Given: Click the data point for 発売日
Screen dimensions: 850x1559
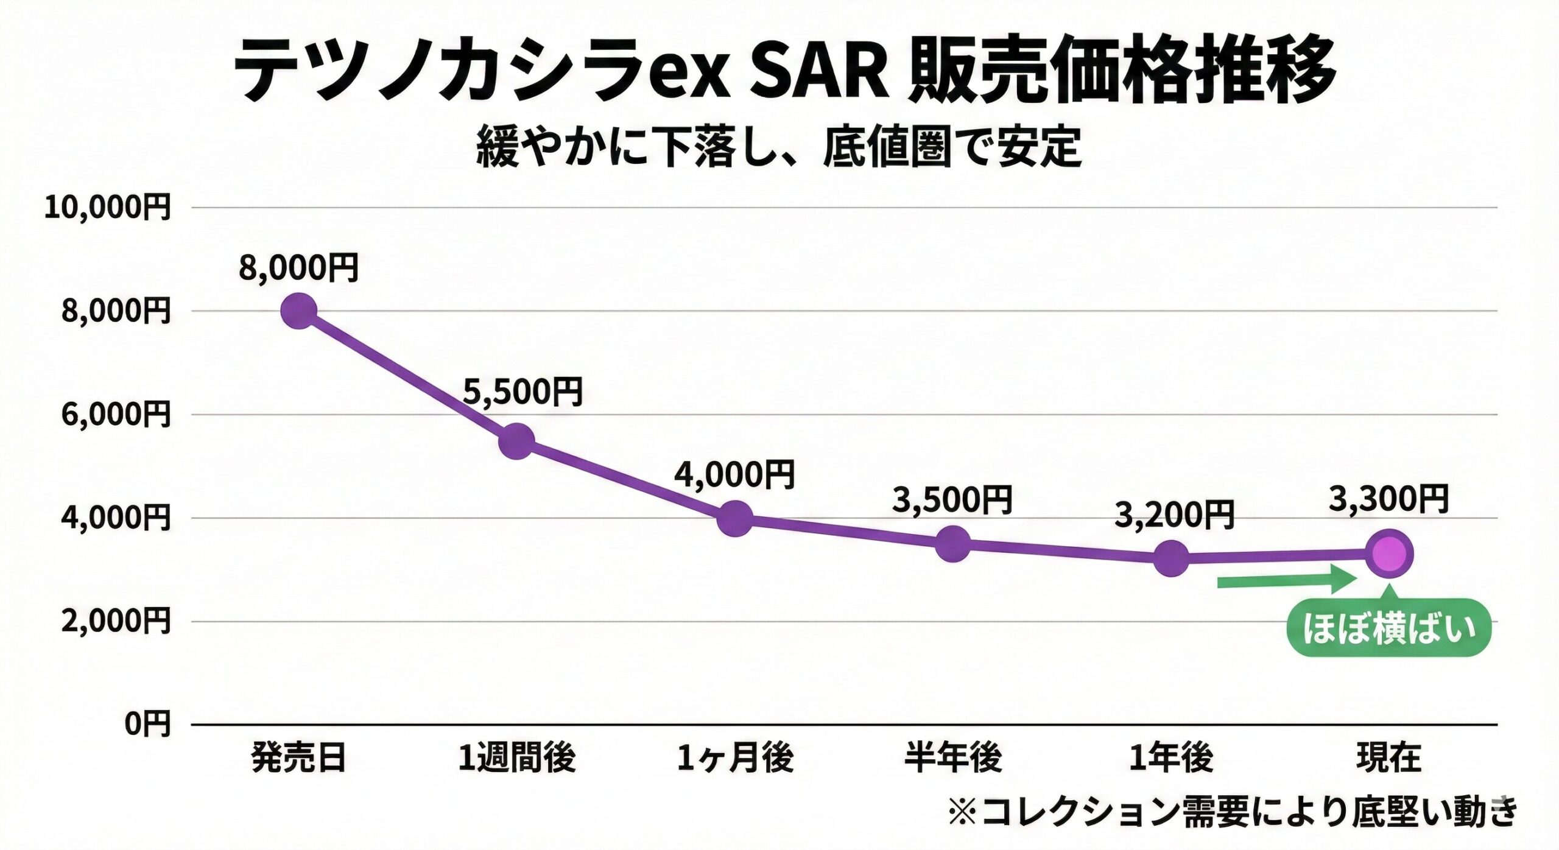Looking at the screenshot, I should [299, 311].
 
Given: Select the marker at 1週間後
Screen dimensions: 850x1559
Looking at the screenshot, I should [516, 441].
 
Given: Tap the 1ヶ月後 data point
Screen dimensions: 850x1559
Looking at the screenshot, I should [735, 518].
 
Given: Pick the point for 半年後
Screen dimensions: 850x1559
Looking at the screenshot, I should [953, 544].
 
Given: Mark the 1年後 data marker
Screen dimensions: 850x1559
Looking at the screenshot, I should [1171, 558].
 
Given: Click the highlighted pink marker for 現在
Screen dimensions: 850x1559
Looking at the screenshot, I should [1389, 554].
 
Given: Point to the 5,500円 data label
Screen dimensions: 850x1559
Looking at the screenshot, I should [523, 392].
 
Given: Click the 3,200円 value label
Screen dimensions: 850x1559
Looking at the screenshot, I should [1174, 516].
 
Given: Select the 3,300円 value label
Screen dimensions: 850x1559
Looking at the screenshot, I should [1388, 500].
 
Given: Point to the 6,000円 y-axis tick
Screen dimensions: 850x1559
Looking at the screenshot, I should [116, 415].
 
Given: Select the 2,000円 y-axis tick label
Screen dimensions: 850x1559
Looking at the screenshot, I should [116, 622].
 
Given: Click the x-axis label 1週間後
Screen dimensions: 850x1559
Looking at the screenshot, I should [516, 759].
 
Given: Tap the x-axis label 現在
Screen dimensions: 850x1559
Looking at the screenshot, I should [1389, 759].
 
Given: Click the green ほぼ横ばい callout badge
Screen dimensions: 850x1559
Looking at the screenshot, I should [1389, 628].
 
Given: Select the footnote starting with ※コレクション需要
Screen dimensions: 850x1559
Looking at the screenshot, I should [1233, 812].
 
